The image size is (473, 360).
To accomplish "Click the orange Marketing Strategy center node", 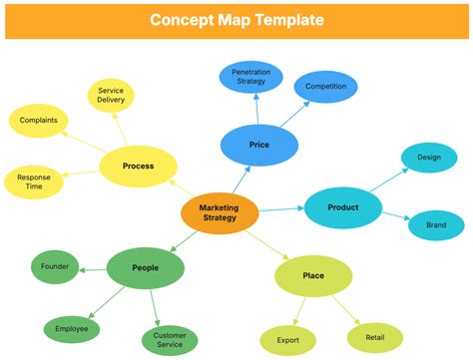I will (x=220, y=212).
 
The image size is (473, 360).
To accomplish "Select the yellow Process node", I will (x=138, y=166).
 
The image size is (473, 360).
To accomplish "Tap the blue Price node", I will (x=259, y=145).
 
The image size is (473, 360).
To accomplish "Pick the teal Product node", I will (x=343, y=207).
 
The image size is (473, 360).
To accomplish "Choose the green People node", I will (x=145, y=267).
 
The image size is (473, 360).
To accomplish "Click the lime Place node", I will (x=313, y=275).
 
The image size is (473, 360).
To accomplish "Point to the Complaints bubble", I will (x=39, y=121).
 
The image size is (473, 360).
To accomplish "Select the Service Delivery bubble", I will (x=111, y=96).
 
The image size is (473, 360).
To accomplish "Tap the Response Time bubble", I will (x=35, y=181).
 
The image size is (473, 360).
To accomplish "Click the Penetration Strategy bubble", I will (x=249, y=77).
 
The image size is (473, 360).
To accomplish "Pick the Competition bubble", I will (x=325, y=87).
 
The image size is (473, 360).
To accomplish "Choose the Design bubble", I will (x=428, y=157).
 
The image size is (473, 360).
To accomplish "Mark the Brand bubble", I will (x=436, y=224).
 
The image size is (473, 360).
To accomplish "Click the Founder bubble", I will (x=55, y=267).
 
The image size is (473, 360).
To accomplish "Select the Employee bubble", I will (x=72, y=328).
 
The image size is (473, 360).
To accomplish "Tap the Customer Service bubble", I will (x=170, y=341).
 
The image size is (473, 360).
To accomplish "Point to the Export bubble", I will (x=288, y=340).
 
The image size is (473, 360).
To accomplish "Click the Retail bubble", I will (x=374, y=337).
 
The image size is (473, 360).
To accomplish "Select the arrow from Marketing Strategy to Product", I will (x=280, y=209).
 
